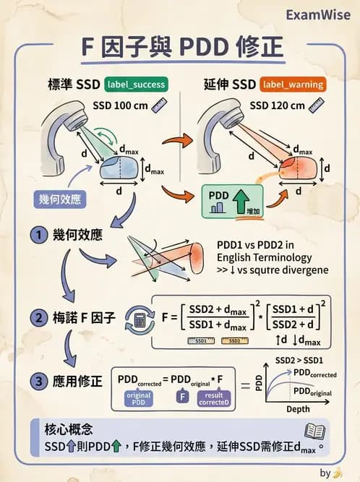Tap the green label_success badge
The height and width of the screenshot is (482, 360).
(x=135, y=85)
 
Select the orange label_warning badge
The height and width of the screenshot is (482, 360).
(x=293, y=85)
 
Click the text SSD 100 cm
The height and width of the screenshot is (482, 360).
(x=121, y=106)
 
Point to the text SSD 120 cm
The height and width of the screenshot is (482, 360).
(x=277, y=106)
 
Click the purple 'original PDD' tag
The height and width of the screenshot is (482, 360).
(x=139, y=398)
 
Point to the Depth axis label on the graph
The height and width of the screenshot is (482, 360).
(x=298, y=410)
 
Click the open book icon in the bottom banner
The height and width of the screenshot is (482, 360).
(x=314, y=432)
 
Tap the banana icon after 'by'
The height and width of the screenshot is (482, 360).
(x=337, y=473)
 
